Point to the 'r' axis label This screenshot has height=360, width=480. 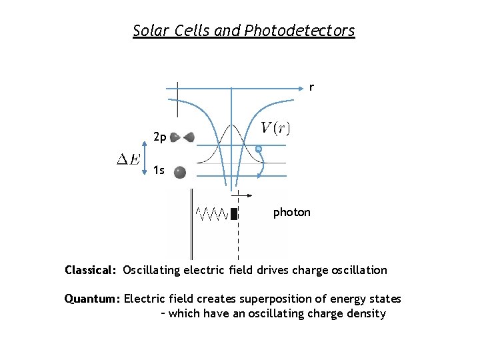(311, 87)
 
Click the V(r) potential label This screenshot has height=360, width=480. (275, 127)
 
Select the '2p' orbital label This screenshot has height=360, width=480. (159, 137)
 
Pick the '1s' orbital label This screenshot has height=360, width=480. (159, 171)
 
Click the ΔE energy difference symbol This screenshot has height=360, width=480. (129, 160)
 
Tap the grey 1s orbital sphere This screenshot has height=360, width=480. (179, 173)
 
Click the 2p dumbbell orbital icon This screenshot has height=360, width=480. (182, 137)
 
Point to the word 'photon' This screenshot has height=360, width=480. (292, 213)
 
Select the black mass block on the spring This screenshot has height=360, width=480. (234, 213)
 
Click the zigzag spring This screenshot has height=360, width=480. (213, 213)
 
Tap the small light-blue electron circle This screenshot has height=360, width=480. (258, 149)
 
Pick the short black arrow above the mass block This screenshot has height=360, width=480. (243, 195)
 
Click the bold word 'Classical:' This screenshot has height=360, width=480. (91, 271)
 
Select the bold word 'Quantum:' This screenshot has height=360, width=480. (91, 299)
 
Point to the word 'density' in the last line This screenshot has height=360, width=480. (365, 313)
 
